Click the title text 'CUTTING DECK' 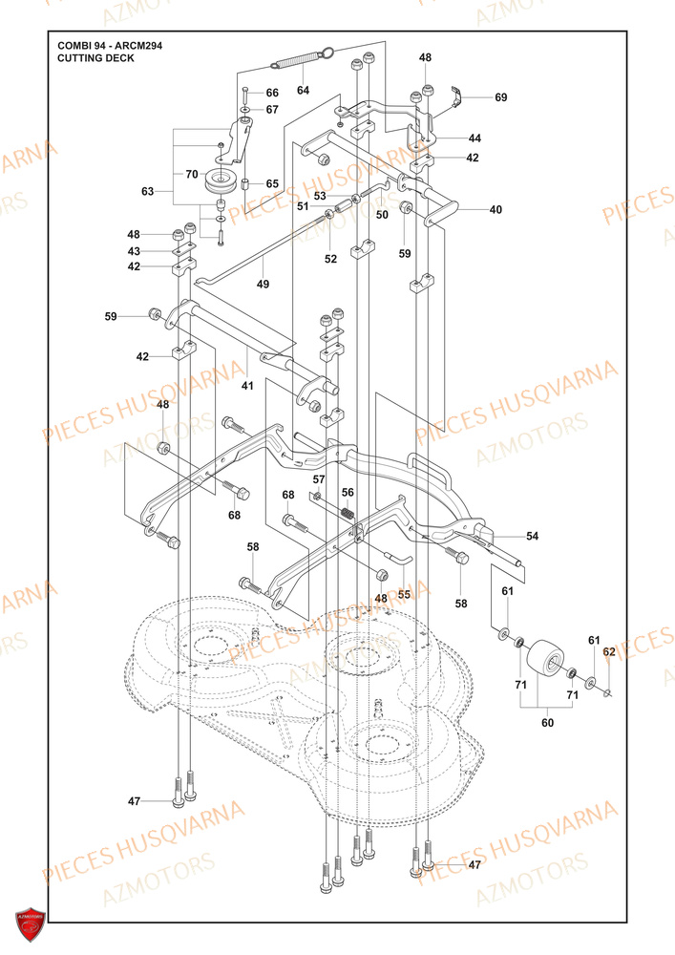pyautogui.click(x=95, y=58)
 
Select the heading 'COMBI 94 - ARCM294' pyautogui.click(x=109, y=45)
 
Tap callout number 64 pyautogui.click(x=303, y=91)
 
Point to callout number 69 pyautogui.click(x=500, y=97)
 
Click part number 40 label pyautogui.click(x=495, y=209)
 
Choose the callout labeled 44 pyautogui.click(x=474, y=138)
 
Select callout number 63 pyautogui.click(x=147, y=192)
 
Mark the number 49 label pyautogui.click(x=263, y=285)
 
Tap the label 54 pyautogui.click(x=532, y=537)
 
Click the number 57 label pyautogui.click(x=319, y=479)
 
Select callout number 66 pyautogui.click(x=272, y=93)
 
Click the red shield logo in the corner pyautogui.click(x=31, y=924)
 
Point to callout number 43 pyautogui.click(x=134, y=251)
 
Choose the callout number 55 pyautogui.click(x=404, y=594)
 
